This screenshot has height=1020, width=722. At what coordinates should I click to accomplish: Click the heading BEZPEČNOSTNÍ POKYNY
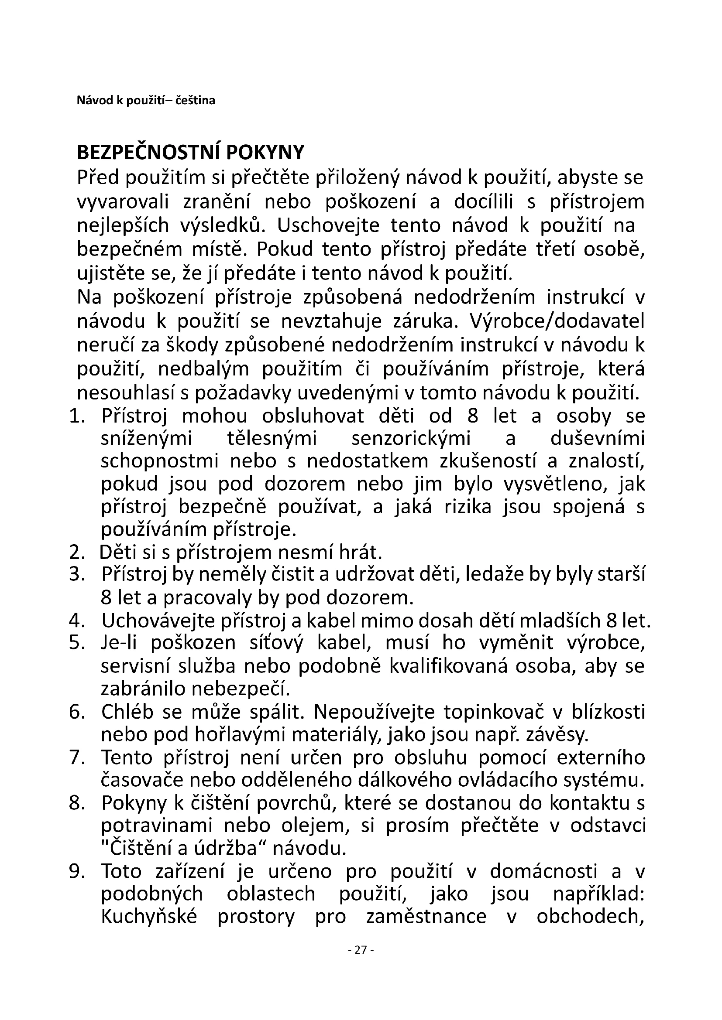(191, 152)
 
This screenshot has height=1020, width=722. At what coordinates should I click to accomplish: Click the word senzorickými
(411, 439)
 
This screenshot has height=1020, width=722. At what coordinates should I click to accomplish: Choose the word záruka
(427, 322)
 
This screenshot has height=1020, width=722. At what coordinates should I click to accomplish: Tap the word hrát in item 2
(361, 552)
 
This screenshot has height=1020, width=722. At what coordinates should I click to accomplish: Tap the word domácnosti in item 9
(544, 871)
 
